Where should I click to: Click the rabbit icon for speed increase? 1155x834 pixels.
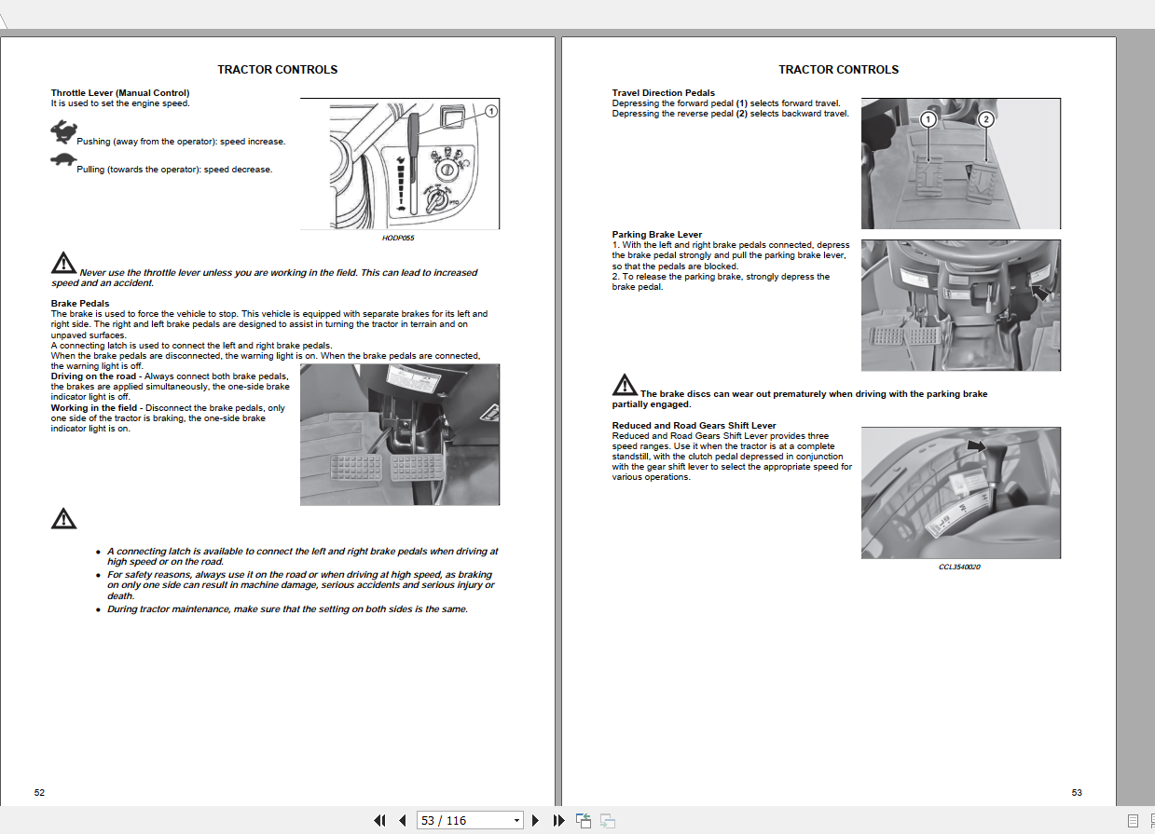point(63,132)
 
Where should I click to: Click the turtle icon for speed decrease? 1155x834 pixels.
point(62,160)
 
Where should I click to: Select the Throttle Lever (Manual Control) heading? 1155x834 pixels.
point(120,93)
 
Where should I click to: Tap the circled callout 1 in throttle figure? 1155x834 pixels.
point(491,111)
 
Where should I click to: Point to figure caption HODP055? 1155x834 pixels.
point(398,239)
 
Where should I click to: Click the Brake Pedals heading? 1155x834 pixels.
point(80,304)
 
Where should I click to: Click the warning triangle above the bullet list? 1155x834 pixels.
point(63,518)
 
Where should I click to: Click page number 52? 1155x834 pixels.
point(39,792)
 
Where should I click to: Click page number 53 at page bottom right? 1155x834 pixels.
point(1077,792)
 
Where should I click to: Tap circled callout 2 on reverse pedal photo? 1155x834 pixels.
point(986,119)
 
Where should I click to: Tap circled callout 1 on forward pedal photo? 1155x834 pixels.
point(928,119)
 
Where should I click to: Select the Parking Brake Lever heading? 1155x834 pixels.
point(657,235)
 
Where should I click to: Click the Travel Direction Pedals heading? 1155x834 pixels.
point(664,93)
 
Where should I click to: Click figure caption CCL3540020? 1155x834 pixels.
point(959,567)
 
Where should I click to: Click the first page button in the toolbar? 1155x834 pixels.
point(379,820)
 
